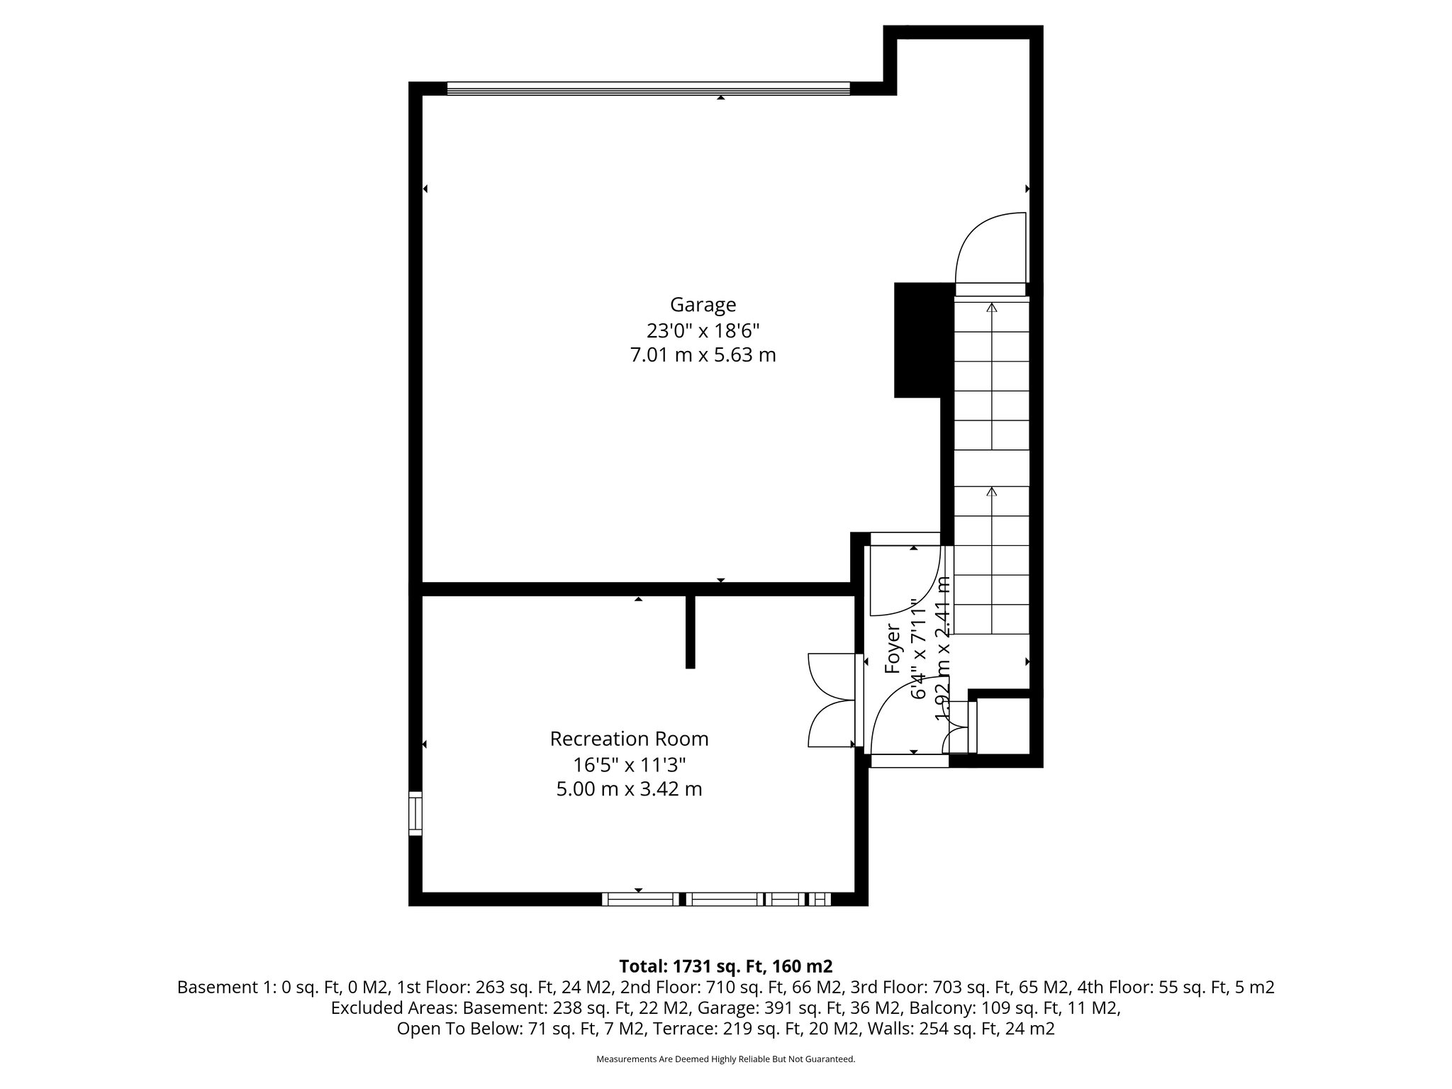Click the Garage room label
703,305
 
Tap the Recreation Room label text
629,739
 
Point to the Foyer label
893,648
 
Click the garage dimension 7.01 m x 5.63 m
703,355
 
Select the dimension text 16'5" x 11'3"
629,764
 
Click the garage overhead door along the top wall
648,89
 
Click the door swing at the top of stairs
990,252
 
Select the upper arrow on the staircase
992,308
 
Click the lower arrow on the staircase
992,491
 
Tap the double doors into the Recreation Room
831,700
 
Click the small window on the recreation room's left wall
415,813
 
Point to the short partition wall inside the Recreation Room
690,632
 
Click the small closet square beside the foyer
1003,726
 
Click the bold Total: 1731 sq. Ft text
725,966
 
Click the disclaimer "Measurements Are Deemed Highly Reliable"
725,1059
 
